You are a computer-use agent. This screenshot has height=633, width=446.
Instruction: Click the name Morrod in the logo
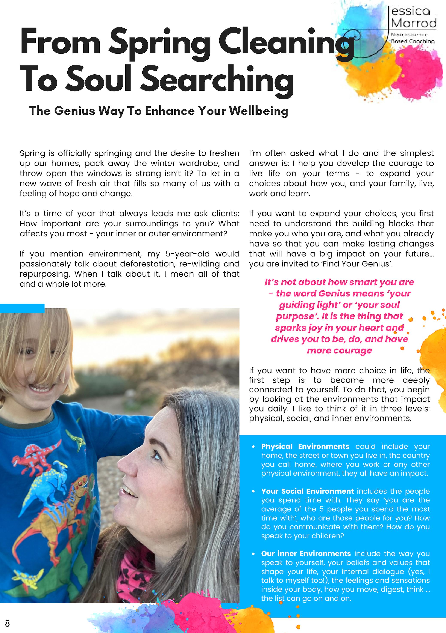(x=413, y=23)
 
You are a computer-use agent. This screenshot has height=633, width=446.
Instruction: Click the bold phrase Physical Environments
(x=305, y=446)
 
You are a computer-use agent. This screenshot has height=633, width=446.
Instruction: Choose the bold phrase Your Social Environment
(x=307, y=491)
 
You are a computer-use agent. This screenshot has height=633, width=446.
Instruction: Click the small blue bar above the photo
(x=22, y=308)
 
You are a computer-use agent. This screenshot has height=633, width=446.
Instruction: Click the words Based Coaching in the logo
(x=412, y=41)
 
